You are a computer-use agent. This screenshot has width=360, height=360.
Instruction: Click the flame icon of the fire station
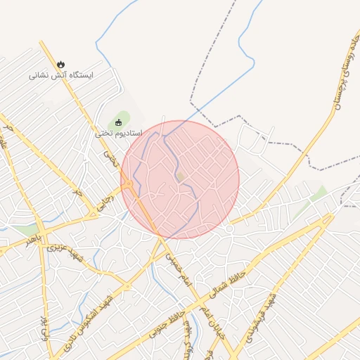pyautogui.click(x=62, y=64)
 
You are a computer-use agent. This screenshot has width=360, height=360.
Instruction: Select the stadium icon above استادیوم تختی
pyautogui.click(x=118, y=122)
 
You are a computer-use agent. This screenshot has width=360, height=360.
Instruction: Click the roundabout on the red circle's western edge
pyautogui.click(x=129, y=184)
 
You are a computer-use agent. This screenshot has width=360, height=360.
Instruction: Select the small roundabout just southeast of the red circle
pyautogui.click(x=229, y=229)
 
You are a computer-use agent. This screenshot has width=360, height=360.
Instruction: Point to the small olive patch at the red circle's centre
pyautogui.click(x=180, y=176)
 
